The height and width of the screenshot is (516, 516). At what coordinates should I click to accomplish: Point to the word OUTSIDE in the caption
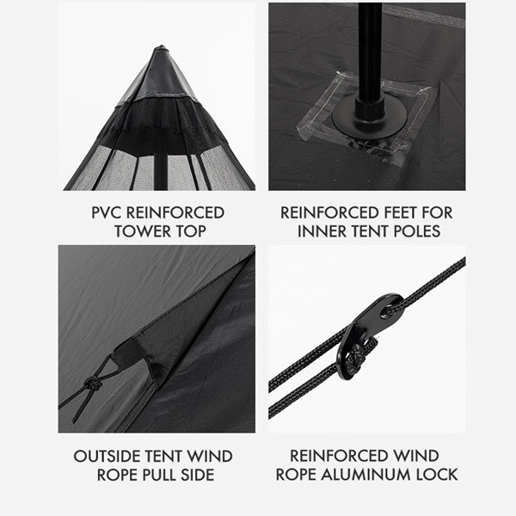107,457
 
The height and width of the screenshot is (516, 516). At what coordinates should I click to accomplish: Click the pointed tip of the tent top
161,46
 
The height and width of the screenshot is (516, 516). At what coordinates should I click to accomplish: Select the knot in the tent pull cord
93,384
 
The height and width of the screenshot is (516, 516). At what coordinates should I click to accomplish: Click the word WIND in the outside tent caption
210,457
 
